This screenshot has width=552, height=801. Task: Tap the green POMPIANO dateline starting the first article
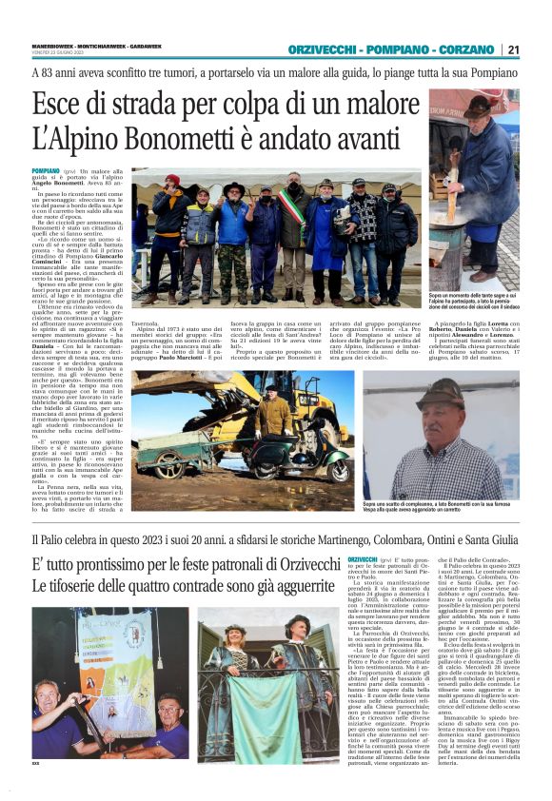click(x=44, y=168)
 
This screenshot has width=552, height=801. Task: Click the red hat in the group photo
click(x=171, y=179)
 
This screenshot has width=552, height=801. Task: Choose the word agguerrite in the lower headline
click(x=289, y=588)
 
